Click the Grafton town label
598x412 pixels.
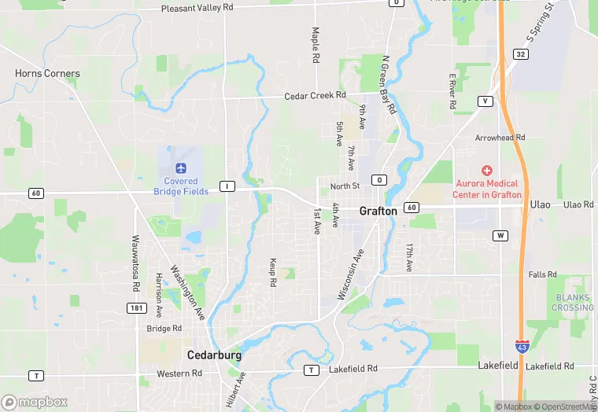[378, 211]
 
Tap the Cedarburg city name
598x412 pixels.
[214, 355]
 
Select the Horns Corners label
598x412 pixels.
[47, 73]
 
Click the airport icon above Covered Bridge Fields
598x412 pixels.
[181, 167]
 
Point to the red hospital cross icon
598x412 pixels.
[487, 171]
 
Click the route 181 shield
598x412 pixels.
[136, 307]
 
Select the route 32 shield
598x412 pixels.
[520, 53]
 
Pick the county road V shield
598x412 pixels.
[485, 101]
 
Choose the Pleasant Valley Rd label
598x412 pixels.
[197, 8]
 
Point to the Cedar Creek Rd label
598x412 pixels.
[316, 95]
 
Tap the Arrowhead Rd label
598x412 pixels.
[500, 138]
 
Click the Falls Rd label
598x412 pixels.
[543, 274]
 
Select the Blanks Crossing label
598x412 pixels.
[574, 303]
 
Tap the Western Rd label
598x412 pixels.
[179, 373]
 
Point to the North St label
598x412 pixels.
[345, 186]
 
